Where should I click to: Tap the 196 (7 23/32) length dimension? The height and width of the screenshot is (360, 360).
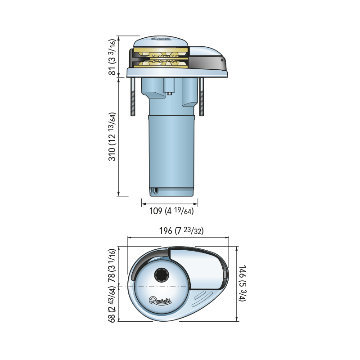(x=182, y=231)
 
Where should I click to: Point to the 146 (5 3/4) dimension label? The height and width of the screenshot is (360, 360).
(x=243, y=283)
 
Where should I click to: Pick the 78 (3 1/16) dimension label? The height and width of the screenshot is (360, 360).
(x=113, y=266)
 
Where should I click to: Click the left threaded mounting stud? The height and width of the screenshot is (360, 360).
(x=133, y=97)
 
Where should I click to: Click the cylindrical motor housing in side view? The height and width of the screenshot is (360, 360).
(x=171, y=153)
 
